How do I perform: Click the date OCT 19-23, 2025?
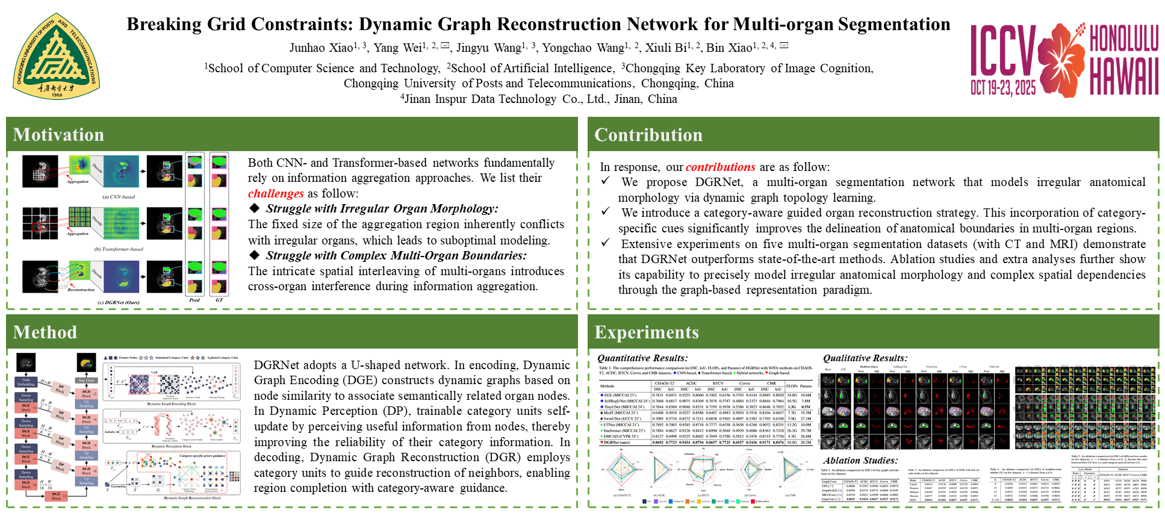click(1003, 88)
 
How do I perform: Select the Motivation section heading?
click(58, 135)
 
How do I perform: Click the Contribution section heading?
click(648, 135)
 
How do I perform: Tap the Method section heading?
click(45, 332)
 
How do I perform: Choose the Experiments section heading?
click(647, 332)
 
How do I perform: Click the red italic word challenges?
click(276, 194)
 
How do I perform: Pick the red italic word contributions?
click(720, 167)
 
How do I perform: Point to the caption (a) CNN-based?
click(119, 197)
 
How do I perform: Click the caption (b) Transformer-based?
click(119, 249)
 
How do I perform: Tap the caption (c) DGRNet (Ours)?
click(119, 302)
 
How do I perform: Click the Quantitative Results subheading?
click(642, 358)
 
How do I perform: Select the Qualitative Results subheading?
click(865, 358)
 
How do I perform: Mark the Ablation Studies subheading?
click(860, 461)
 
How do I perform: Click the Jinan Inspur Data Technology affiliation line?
click(539, 99)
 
